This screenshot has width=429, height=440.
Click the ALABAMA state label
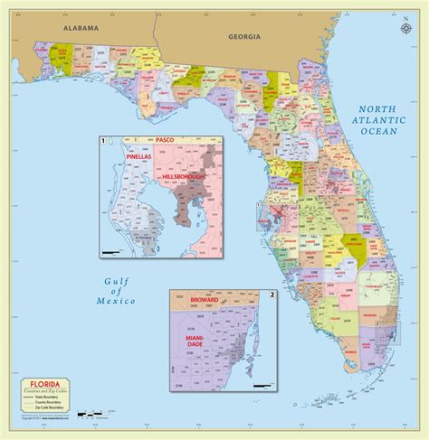[x=79, y=29]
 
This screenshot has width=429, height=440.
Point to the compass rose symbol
[x=402, y=27]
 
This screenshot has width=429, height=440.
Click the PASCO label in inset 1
[x=165, y=141]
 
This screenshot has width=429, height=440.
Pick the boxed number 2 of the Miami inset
[x=272, y=295]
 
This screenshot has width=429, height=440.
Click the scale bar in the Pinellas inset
[x=112, y=250]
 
